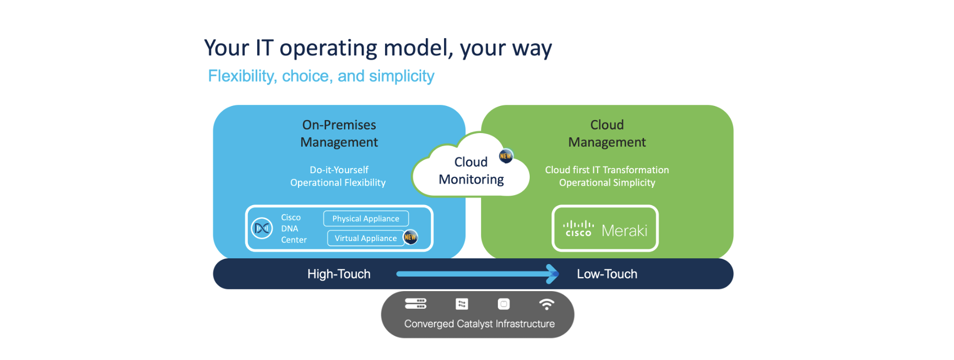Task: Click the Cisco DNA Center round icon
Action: coord(262,228)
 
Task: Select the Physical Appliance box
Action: coord(365,219)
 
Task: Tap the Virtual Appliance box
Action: coord(365,238)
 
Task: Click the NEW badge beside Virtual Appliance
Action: coord(411,237)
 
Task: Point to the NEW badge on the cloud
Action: coord(506,155)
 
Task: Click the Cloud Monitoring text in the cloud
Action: coord(471,171)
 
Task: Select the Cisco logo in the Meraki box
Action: coord(578,229)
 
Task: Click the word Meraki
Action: coord(624,231)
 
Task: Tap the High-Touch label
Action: coord(339,274)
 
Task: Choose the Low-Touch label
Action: coord(607,274)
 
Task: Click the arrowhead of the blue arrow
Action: coord(552,274)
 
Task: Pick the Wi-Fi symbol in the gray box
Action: coord(546,304)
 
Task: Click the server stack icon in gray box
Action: coord(415,304)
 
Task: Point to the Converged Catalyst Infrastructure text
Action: coord(479,324)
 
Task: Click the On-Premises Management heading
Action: coord(339,134)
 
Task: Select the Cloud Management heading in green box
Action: coord(607,134)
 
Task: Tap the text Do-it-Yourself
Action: coord(339,170)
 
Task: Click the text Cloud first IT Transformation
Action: coord(607,170)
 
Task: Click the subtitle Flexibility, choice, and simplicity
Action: coord(321,76)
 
